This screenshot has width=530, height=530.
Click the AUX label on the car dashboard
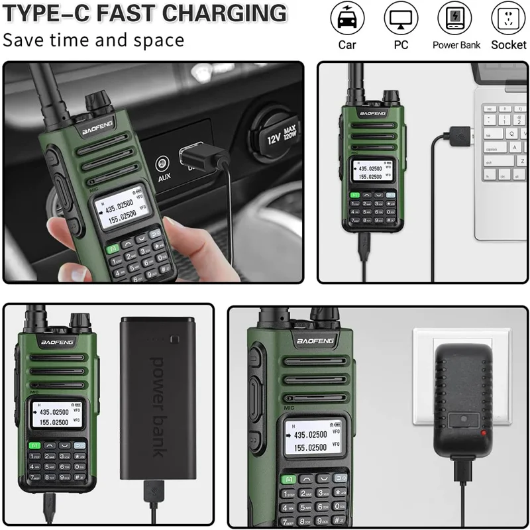[x=164, y=177]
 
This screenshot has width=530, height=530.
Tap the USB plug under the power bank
[x=152, y=493]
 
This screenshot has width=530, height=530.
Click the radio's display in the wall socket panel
[x=310, y=439]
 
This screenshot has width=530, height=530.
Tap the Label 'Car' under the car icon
[x=347, y=45]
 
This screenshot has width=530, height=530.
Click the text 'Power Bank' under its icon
[x=456, y=45]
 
